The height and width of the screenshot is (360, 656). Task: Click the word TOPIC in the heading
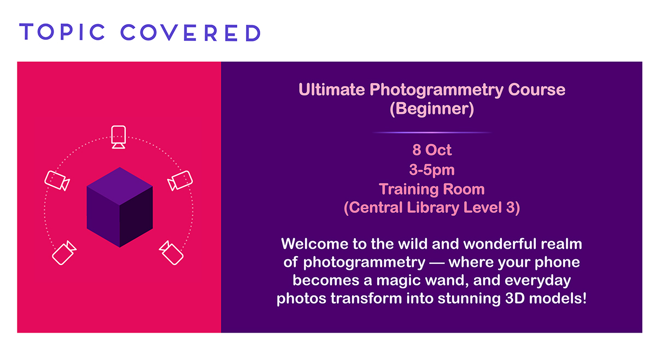click(x=62, y=32)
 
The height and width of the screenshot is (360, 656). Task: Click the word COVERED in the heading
click(x=190, y=32)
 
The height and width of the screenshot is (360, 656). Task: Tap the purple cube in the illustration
click(x=120, y=207)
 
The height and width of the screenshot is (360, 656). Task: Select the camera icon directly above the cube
click(x=119, y=137)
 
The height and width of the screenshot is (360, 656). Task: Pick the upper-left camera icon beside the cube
click(x=57, y=181)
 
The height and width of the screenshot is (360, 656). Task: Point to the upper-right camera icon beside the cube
click(x=180, y=181)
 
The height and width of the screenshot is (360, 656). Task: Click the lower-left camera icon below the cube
click(x=64, y=253)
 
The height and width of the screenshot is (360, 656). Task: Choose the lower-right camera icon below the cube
click(x=171, y=253)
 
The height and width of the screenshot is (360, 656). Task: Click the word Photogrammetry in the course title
click(x=436, y=90)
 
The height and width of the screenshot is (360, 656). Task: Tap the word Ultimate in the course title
click(x=331, y=89)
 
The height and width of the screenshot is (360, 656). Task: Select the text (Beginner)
click(x=432, y=109)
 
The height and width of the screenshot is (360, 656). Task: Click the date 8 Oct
click(x=432, y=150)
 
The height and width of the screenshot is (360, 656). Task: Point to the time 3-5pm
click(x=432, y=170)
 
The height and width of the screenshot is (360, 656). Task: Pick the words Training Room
click(x=432, y=189)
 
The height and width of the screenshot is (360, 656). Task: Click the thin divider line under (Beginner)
click(x=432, y=133)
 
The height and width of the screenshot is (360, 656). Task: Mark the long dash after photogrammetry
click(x=437, y=263)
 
